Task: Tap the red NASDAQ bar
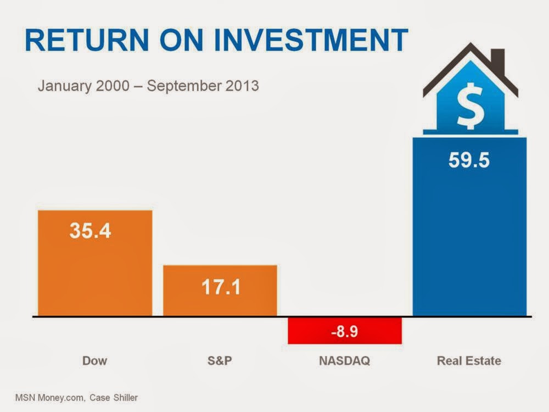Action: [345, 331]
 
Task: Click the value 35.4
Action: [90, 231]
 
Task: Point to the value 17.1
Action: [220, 287]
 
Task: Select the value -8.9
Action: [345, 331]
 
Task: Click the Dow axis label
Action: [94, 361]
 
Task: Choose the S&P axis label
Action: [220, 361]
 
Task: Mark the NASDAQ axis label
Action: [345, 361]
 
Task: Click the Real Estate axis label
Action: [469, 361]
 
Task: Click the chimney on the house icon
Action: [498, 59]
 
